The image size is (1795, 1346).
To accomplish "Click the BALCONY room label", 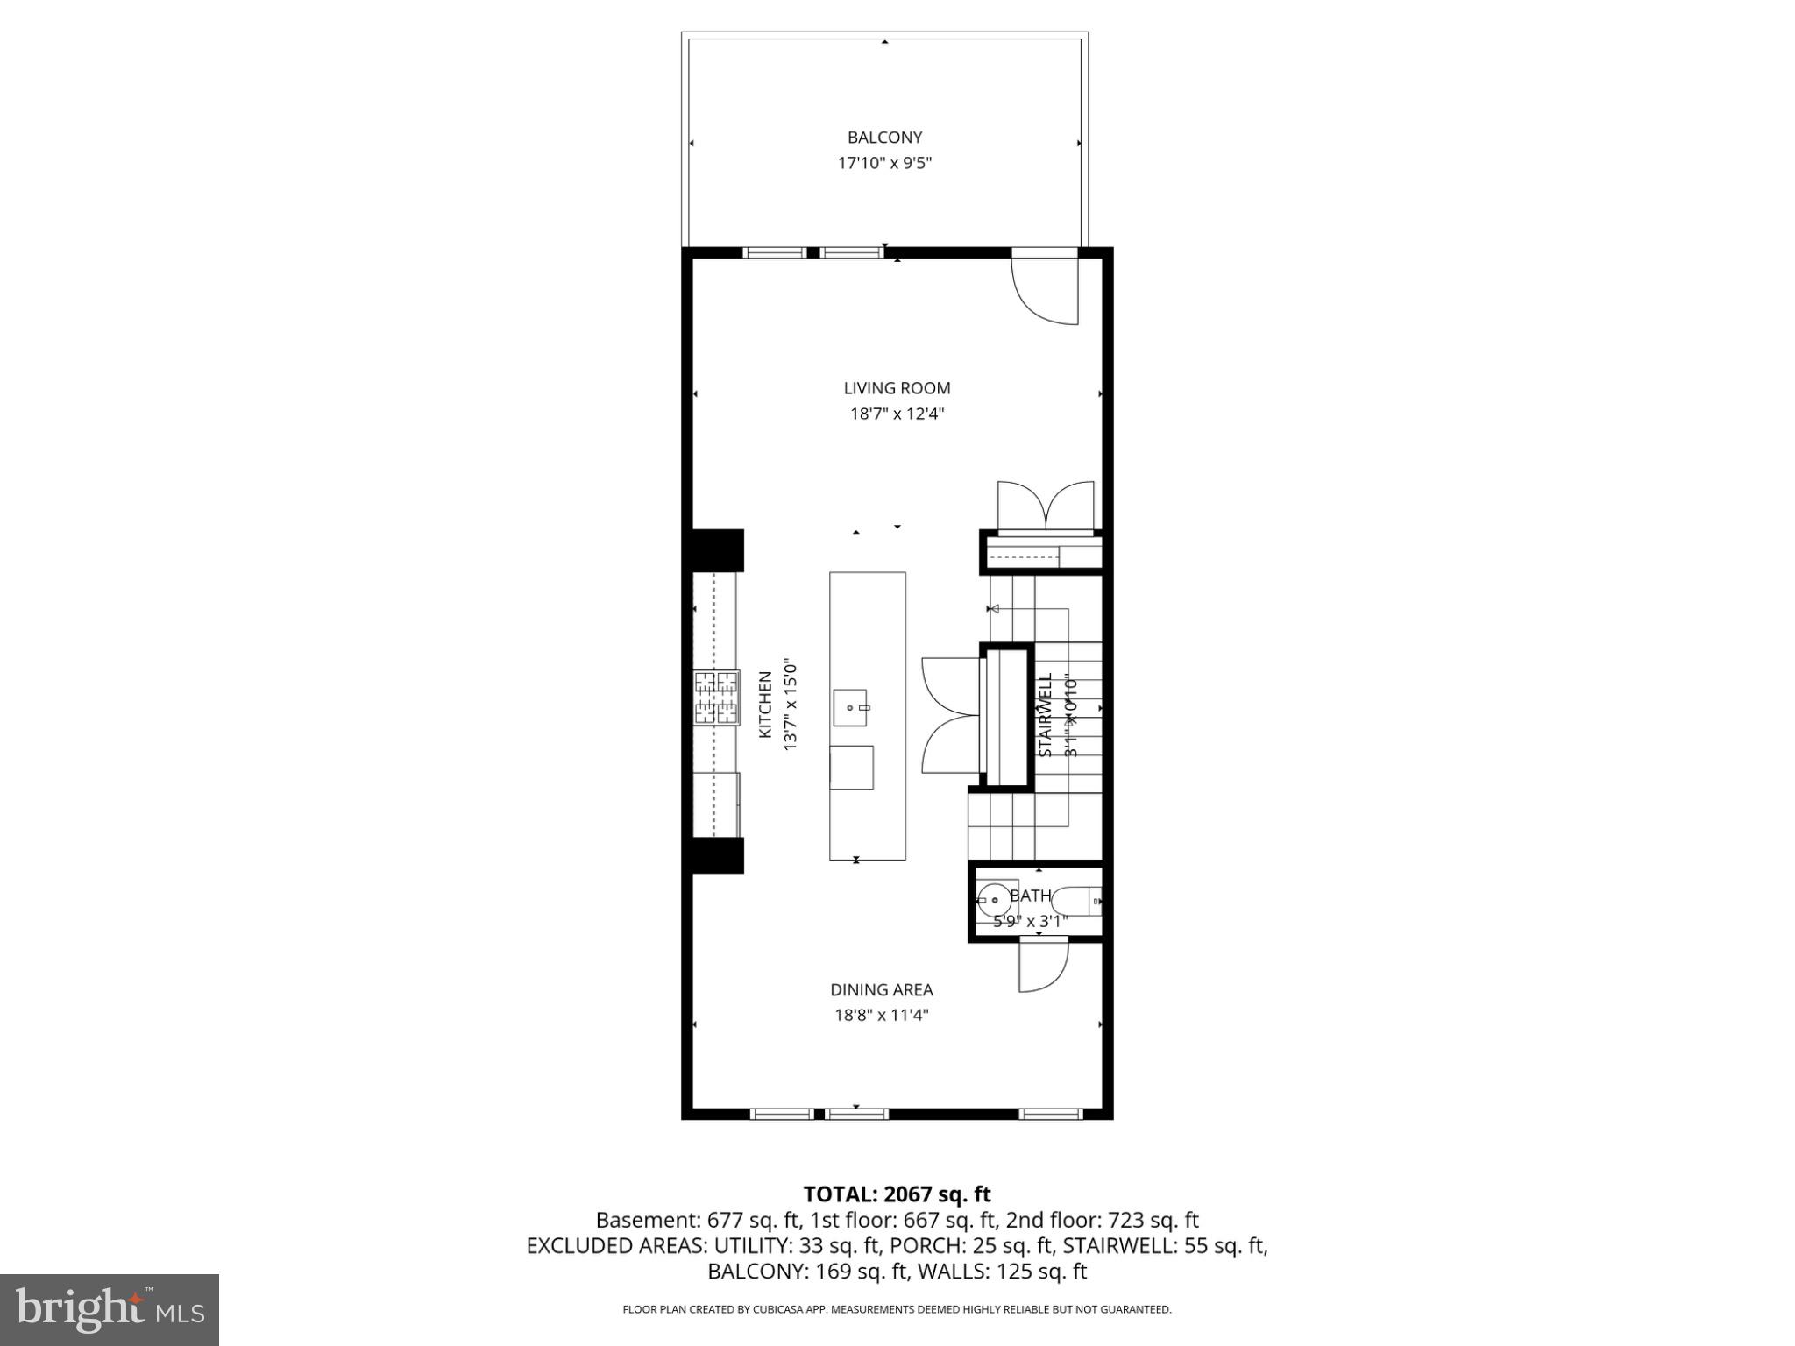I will [x=884, y=138].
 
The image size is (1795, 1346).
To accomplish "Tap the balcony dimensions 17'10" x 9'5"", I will [x=884, y=163].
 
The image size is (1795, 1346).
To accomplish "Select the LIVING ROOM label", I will [x=897, y=388].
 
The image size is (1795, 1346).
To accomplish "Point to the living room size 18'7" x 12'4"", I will [x=897, y=414].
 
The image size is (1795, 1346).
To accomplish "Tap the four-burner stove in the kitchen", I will [x=716, y=698].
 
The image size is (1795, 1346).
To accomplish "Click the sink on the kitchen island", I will [x=850, y=708].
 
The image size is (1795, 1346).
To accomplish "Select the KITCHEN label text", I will [x=765, y=705].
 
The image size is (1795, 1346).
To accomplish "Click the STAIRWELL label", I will [x=1045, y=715].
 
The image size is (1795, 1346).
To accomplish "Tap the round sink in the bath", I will [x=994, y=899].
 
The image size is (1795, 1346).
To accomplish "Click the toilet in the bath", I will [x=1075, y=900].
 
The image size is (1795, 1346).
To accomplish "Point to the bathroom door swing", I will [x=1043, y=967].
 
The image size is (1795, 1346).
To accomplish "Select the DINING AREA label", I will [x=882, y=990].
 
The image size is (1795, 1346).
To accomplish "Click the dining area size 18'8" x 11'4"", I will [x=882, y=1016].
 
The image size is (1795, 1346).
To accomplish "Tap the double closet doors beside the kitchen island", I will [x=950, y=715].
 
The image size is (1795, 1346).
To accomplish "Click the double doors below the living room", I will [x=1046, y=507].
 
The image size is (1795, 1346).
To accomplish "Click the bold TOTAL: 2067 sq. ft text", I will [x=897, y=1194].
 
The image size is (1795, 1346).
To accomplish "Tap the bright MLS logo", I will [x=110, y=1309].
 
